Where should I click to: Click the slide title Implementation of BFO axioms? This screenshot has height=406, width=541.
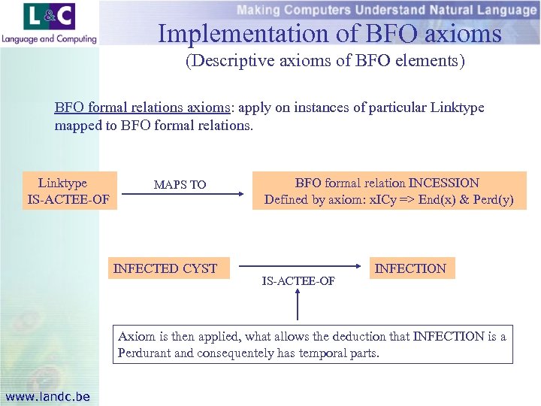329,34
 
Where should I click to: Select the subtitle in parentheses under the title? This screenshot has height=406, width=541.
325,61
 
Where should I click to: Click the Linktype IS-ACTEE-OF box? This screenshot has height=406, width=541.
68,191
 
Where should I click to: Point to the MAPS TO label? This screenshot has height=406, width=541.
180,184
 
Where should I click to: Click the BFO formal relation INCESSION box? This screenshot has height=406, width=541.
388,191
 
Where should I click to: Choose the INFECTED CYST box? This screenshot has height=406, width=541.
165,268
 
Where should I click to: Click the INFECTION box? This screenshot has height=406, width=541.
410,268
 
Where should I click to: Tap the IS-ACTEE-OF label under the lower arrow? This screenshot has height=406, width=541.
298,281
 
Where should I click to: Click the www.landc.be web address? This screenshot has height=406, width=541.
47,396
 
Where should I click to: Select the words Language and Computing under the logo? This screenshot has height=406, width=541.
49,38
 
